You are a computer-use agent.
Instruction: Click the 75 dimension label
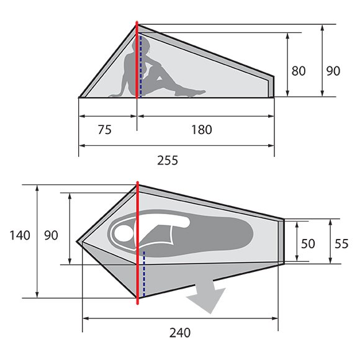tap(105, 130)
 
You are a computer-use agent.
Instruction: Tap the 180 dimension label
tap(202, 130)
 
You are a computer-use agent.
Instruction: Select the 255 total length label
tap(168, 160)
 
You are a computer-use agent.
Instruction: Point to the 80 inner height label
tap(299, 71)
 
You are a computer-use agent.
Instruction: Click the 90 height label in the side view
tap(333, 71)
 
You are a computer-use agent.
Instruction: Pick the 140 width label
tap(20, 235)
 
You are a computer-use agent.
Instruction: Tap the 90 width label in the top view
tap(51, 235)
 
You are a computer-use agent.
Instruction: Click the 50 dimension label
tap(308, 243)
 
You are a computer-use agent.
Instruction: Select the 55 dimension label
tap(341, 243)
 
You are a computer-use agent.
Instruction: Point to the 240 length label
tap(180, 333)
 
